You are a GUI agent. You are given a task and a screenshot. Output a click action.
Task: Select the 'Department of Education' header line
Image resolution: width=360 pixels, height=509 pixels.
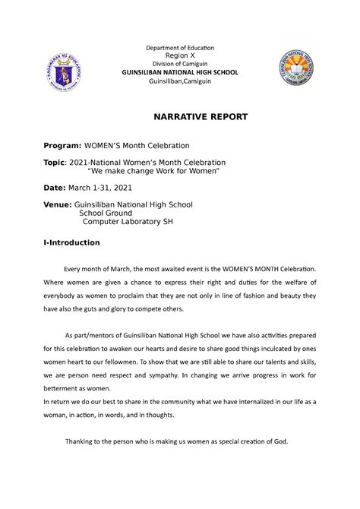180,47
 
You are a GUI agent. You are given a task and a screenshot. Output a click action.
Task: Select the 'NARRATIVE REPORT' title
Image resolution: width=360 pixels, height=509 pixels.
180,119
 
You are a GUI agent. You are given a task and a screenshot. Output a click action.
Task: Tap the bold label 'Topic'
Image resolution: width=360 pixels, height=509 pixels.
55,163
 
